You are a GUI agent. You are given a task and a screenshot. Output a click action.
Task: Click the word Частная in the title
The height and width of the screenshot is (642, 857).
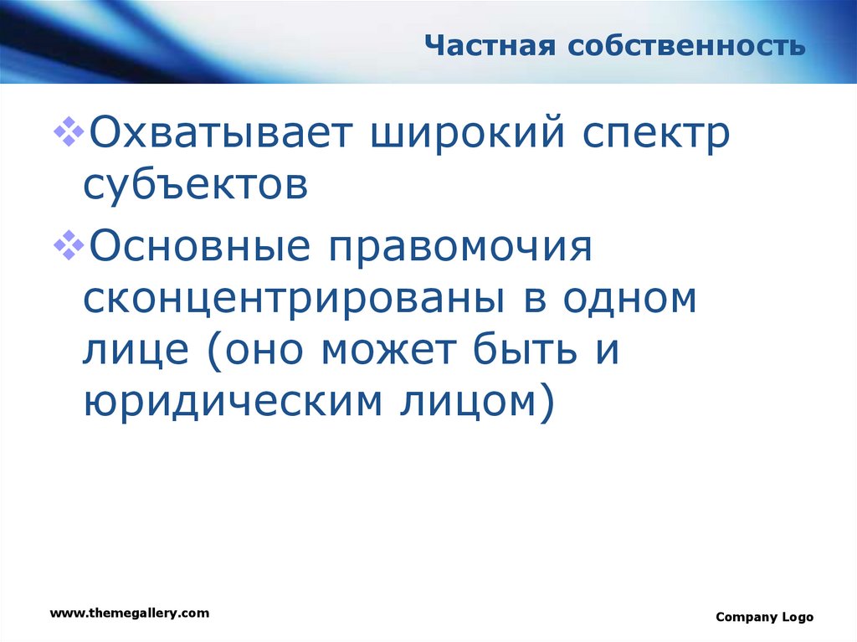coord(490,45)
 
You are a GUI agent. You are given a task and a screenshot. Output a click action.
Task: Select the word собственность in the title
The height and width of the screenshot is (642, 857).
coord(686,46)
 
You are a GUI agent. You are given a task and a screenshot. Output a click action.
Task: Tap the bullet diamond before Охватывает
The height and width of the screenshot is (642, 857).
coord(69,131)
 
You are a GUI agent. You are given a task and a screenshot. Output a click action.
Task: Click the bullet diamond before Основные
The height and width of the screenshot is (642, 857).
coord(69,245)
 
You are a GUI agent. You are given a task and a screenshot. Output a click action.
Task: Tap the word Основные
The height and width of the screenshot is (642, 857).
coord(199,246)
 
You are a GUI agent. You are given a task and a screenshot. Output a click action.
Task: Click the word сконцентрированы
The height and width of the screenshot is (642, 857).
coord(294,300)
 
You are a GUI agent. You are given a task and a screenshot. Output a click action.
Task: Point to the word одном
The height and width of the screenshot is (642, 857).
coord(630,298)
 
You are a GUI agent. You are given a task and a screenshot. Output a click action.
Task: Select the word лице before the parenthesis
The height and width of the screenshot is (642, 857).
coord(136,351)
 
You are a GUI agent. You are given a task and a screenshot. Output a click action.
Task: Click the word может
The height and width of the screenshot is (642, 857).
coord(388,349)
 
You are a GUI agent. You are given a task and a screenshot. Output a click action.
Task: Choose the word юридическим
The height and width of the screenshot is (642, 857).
coord(233,402)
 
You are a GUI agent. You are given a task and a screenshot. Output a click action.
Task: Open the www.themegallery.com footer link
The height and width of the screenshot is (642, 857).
coord(130,613)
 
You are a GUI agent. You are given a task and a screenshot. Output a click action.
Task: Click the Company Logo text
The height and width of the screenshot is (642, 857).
coord(765,617)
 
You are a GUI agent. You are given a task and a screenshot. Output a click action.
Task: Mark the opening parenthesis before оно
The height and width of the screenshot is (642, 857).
coord(216,351)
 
